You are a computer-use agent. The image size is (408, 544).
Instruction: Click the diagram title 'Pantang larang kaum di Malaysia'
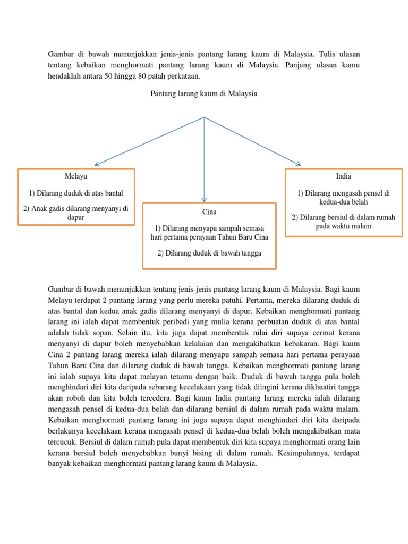pos(204,93)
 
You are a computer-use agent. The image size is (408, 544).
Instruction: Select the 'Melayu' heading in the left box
pos(76,176)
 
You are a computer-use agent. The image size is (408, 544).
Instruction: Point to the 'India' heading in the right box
pos(343,176)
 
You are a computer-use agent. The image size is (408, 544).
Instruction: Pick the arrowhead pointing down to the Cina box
pos(204,198)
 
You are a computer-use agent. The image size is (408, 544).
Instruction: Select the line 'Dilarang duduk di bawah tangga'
pos(209,253)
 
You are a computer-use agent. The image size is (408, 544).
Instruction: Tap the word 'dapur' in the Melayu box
pos(76,217)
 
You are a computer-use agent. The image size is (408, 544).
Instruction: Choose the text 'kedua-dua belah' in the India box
pos(343,202)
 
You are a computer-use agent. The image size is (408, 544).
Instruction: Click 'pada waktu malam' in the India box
pos(343,226)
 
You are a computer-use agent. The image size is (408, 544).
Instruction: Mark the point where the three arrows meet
pos(204,117)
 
